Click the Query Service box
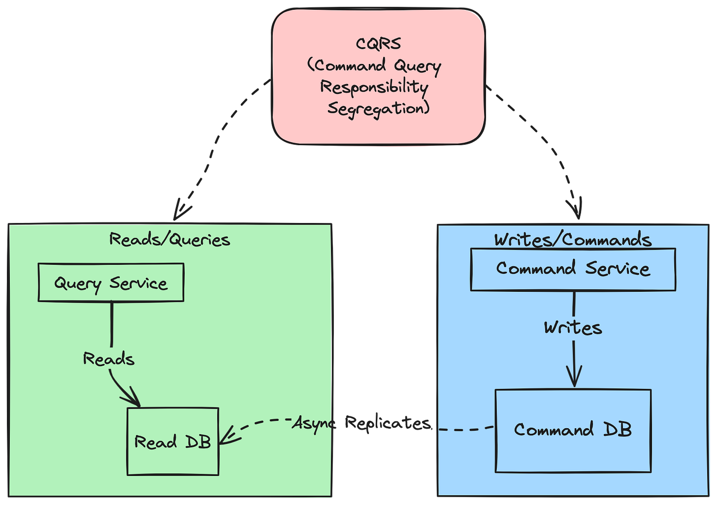[x=111, y=283]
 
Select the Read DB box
[x=173, y=442]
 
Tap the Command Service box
[x=573, y=269]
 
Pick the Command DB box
[x=573, y=431]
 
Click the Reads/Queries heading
[x=169, y=239]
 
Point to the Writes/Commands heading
[x=573, y=240]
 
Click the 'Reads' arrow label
[x=108, y=359]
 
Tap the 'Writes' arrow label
[x=573, y=328]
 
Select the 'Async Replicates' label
[x=361, y=423]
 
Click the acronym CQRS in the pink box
[x=378, y=43]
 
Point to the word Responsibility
[x=374, y=88]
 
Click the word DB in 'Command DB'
[x=618, y=430]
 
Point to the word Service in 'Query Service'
[x=138, y=283]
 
